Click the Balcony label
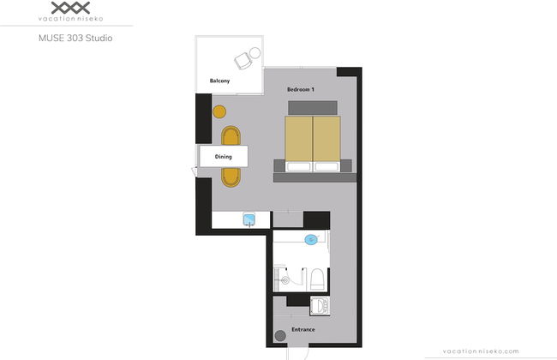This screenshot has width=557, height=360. [219, 81]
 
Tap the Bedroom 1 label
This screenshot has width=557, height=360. [301, 89]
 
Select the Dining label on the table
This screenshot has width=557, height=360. [224, 156]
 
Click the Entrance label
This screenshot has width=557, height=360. [303, 329]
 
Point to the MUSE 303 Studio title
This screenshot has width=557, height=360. [75, 38]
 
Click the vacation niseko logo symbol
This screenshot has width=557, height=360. [70, 8]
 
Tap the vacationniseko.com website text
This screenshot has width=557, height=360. [481, 351]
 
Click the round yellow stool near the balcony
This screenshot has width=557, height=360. [219, 112]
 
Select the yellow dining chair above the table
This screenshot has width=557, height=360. [231, 135]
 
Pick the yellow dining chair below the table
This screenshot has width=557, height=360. [231, 177]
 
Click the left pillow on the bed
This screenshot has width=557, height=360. [299, 166]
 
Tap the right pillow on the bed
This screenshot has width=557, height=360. [326, 166]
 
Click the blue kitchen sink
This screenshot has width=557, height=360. [249, 219]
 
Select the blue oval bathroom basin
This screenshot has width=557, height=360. [311, 239]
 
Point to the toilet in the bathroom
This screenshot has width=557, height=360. [317, 279]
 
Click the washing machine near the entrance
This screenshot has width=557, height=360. [320, 306]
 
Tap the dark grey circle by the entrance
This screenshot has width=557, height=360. [280, 335]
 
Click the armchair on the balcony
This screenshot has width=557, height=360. [243, 61]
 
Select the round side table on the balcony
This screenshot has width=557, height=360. [255, 53]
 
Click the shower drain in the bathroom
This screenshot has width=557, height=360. [285, 280]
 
